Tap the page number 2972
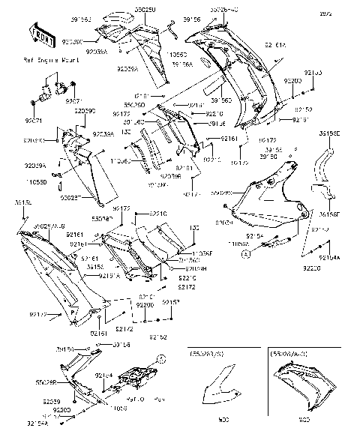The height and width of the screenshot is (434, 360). point(346,13)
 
